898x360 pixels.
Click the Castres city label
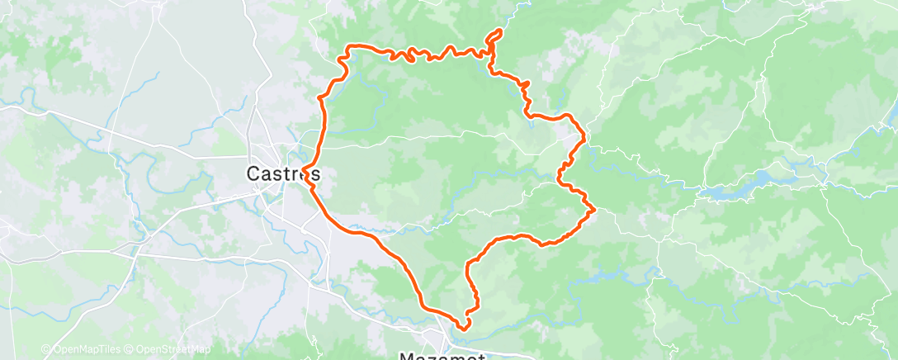[x=282, y=174]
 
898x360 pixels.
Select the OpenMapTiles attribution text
[x=83, y=350]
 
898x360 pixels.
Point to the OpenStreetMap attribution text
[x=173, y=350]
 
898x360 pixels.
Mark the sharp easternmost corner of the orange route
[x=593, y=211]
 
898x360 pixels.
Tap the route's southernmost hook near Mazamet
[x=462, y=325]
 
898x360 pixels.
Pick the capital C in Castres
[x=253, y=174]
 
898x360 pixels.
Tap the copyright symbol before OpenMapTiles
[x=45, y=350]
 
